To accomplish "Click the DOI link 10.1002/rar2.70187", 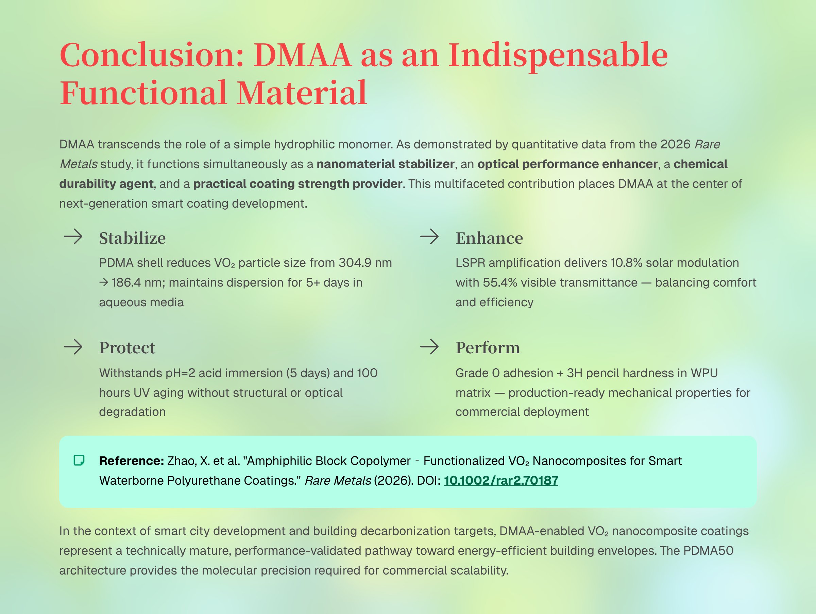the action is tap(500, 480).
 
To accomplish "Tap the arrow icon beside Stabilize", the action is tap(73, 236).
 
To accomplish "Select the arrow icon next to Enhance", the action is tap(429, 236).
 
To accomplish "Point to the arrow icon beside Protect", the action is tap(73, 347).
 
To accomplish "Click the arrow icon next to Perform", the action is tap(429, 347).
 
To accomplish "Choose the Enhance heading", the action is tap(489, 238).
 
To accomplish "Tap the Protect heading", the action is tap(127, 348).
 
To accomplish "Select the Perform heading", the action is tap(488, 348).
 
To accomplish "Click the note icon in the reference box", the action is tap(79, 460).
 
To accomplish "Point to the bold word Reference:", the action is tap(132, 461).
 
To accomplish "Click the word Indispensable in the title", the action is tap(558, 55).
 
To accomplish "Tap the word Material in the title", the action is tap(302, 93).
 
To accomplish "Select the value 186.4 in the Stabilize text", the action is tap(126, 283).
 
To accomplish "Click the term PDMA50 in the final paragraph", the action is tap(708, 550).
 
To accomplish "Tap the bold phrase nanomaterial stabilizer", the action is tap(386, 164).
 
